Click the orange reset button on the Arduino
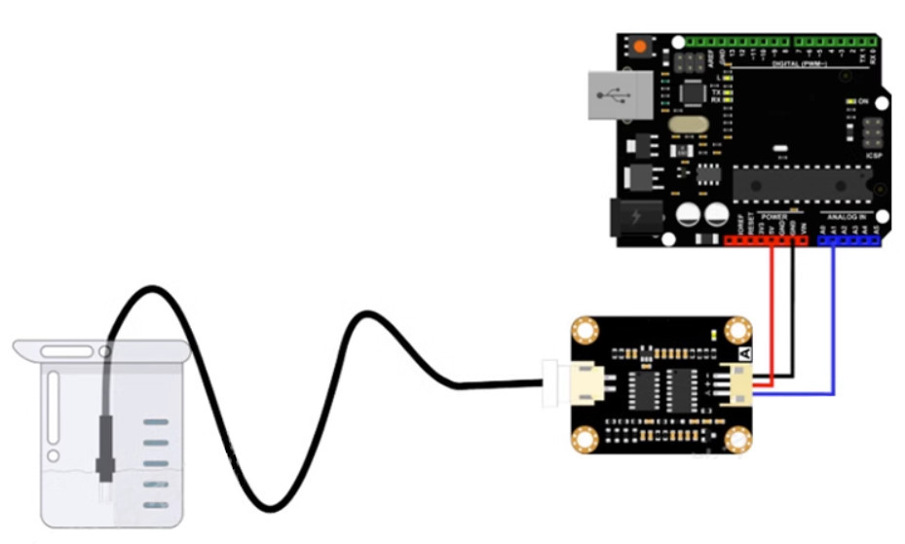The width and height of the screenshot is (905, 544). click(x=640, y=48)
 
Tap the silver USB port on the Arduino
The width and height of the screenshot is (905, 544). click(x=614, y=95)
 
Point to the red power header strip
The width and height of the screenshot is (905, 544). click(x=766, y=238)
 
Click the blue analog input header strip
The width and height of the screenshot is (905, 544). click(x=849, y=238)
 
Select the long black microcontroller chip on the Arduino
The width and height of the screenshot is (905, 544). click(x=801, y=181)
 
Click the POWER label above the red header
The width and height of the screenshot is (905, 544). click(x=773, y=216)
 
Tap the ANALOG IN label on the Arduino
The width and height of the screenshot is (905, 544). click(x=848, y=216)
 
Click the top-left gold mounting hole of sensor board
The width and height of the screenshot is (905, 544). click(x=584, y=332)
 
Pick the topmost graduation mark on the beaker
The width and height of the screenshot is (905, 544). click(x=156, y=422)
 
